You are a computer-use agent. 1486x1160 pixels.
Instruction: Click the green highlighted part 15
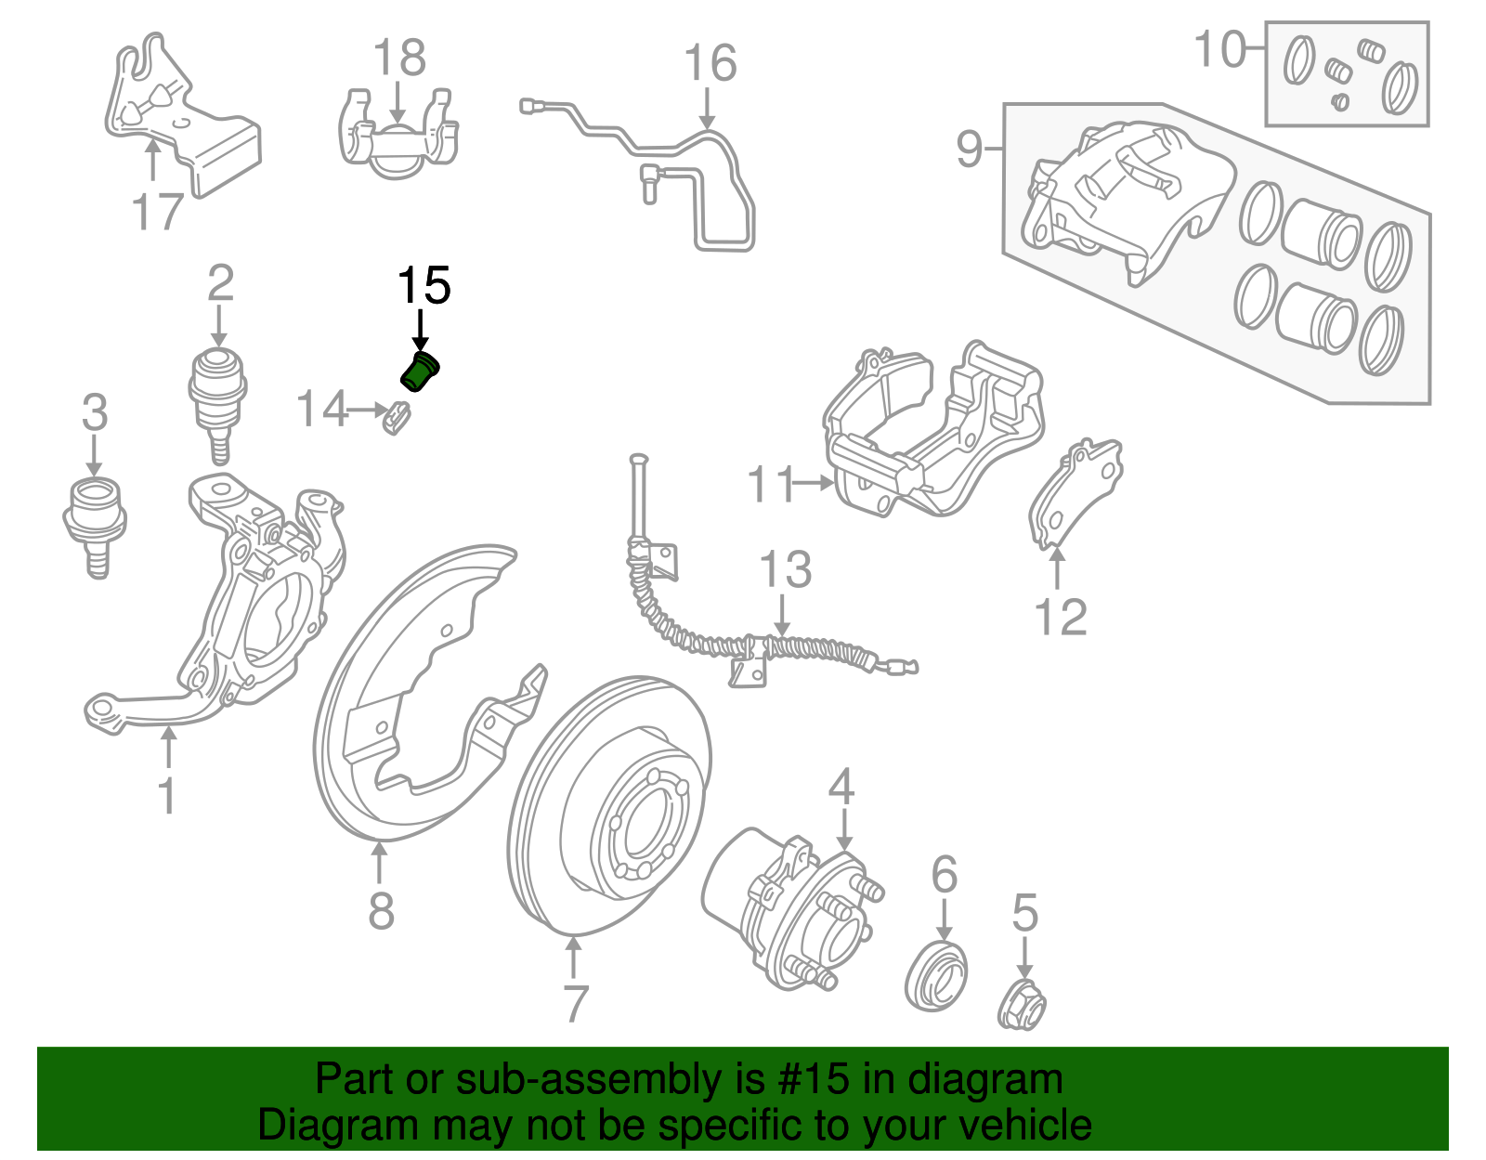pos(419,371)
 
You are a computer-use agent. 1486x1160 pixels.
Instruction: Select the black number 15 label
pos(424,286)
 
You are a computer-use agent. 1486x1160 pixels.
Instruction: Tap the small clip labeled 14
pos(397,418)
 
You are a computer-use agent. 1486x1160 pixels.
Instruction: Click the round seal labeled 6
pos(936,975)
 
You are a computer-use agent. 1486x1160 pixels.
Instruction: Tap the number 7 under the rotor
pos(576,1004)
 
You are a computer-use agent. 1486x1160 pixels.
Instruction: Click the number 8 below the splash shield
pos(381,911)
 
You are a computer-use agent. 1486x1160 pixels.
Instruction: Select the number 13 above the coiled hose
pos(785,570)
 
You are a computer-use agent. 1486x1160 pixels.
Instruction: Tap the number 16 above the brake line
pos(710,63)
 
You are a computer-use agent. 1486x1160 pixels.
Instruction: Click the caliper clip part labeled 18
pos(398,139)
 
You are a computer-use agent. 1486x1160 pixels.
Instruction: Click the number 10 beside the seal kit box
pos(1219,49)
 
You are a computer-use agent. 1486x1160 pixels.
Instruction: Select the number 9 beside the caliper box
pos(969,149)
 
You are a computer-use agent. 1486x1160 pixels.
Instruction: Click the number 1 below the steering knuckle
pos(167,797)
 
